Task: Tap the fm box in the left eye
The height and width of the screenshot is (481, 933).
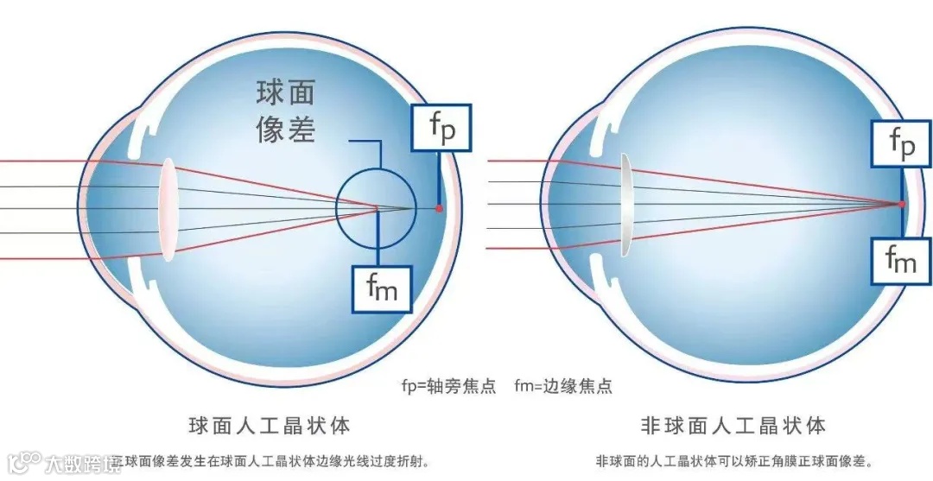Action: point(381,288)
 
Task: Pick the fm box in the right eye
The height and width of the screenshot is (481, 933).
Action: point(901,259)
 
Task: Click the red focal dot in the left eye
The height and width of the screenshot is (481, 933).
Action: point(439,208)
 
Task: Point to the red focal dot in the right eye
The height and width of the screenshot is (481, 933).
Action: point(901,204)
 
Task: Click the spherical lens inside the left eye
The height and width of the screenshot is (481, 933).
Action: point(168,208)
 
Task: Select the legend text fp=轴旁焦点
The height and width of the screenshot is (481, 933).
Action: point(449,386)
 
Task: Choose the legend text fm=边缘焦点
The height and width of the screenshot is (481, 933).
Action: point(563,386)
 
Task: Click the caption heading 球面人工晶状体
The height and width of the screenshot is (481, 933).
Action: point(269,426)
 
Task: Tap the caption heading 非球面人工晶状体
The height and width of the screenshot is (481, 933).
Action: point(733,426)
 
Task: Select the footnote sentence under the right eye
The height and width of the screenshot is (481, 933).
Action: point(734,461)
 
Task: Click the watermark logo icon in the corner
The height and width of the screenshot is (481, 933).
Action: point(23,461)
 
